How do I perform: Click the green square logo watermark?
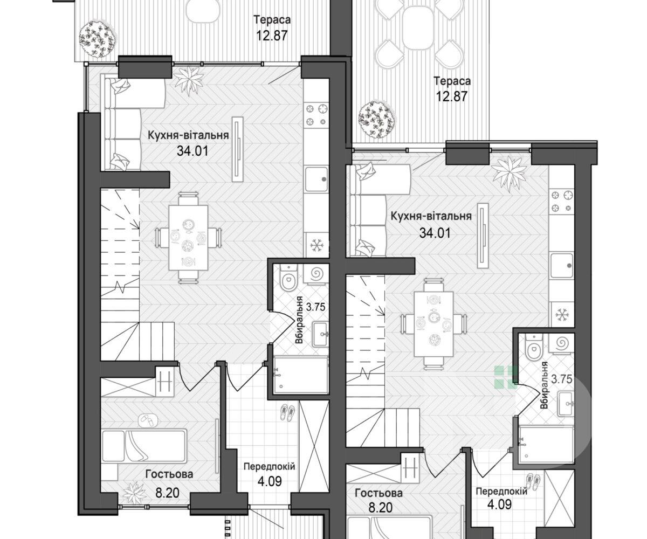(x=506, y=377)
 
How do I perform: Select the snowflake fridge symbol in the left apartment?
(x=316, y=245)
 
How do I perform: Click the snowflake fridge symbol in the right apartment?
(x=562, y=315)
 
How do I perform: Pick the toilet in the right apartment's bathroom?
(x=534, y=348)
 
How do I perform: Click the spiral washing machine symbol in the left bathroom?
(x=316, y=273)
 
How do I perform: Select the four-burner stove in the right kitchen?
(x=562, y=201)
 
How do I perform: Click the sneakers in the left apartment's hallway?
(x=287, y=412)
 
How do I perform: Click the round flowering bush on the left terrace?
(x=97, y=39)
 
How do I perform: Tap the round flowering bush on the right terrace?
(x=377, y=119)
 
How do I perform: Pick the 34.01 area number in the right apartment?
(x=435, y=232)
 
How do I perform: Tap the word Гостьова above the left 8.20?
(x=169, y=474)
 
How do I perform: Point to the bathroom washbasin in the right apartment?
(x=566, y=404)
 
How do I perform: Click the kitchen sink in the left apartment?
(x=316, y=179)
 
